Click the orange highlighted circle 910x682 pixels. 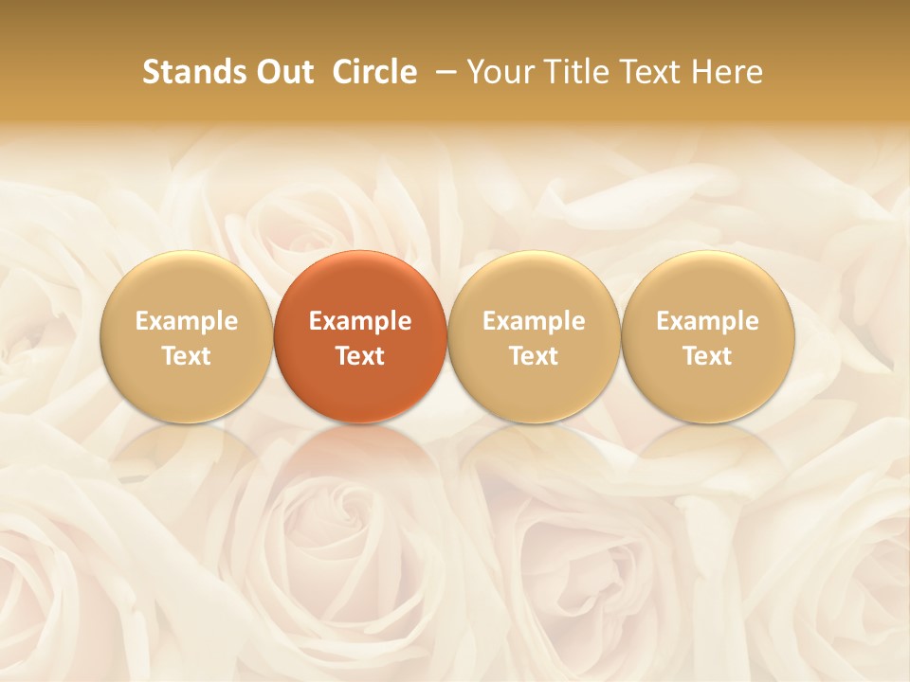(360, 336)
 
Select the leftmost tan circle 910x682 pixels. (186, 336)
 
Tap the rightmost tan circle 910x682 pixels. (708, 336)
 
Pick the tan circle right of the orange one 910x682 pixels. (534, 336)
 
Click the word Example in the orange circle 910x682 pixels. (360, 321)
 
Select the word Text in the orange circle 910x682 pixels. (360, 356)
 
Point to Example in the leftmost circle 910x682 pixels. (186, 321)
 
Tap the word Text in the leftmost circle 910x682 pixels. (186, 356)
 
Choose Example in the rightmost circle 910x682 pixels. (708, 321)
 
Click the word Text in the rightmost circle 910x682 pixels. (708, 356)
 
